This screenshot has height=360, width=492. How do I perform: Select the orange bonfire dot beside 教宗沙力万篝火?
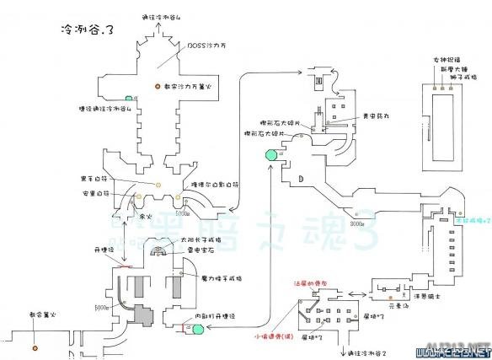click(x=157, y=88)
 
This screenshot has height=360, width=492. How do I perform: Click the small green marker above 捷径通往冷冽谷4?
click(x=129, y=98)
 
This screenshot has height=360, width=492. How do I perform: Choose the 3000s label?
click(x=358, y=224)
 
